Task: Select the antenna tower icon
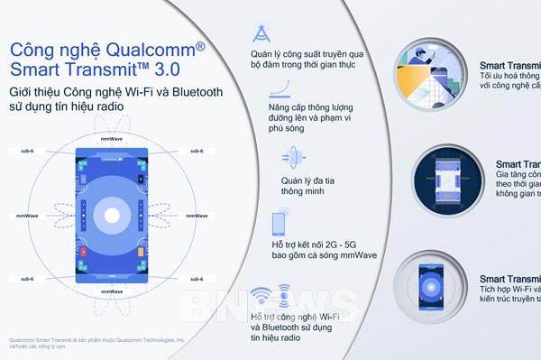click(x=261, y=32)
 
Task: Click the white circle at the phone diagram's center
click(x=112, y=216)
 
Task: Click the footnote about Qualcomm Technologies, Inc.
click(x=95, y=344)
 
